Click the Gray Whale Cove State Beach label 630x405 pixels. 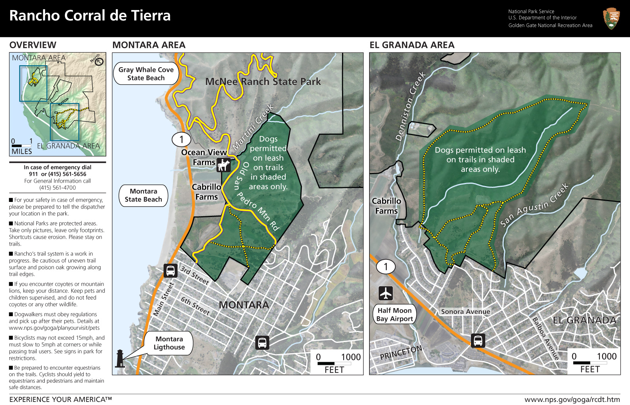click(x=146, y=74)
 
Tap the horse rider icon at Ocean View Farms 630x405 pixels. click(x=224, y=165)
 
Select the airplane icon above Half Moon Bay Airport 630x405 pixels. click(x=386, y=293)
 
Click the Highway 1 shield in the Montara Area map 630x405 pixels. click(x=181, y=139)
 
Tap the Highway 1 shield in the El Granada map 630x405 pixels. click(x=385, y=266)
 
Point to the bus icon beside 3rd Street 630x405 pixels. click(x=170, y=271)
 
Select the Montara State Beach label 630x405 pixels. click(x=143, y=195)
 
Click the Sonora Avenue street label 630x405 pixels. click(x=466, y=312)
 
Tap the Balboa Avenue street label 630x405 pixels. click(x=545, y=338)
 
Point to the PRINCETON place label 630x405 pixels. click(x=401, y=352)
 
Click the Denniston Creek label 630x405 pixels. click(x=410, y=106)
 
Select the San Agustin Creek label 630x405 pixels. click(x=534, y=205)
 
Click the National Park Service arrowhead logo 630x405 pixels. click(x=611, y=19)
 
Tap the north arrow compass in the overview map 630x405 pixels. click(x=99, y=62)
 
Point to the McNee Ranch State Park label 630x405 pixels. click(x=263, y=81)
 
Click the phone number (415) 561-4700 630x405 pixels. click(x=58, y=188)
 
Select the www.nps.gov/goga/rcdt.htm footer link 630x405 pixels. click(x=572, y=400)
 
